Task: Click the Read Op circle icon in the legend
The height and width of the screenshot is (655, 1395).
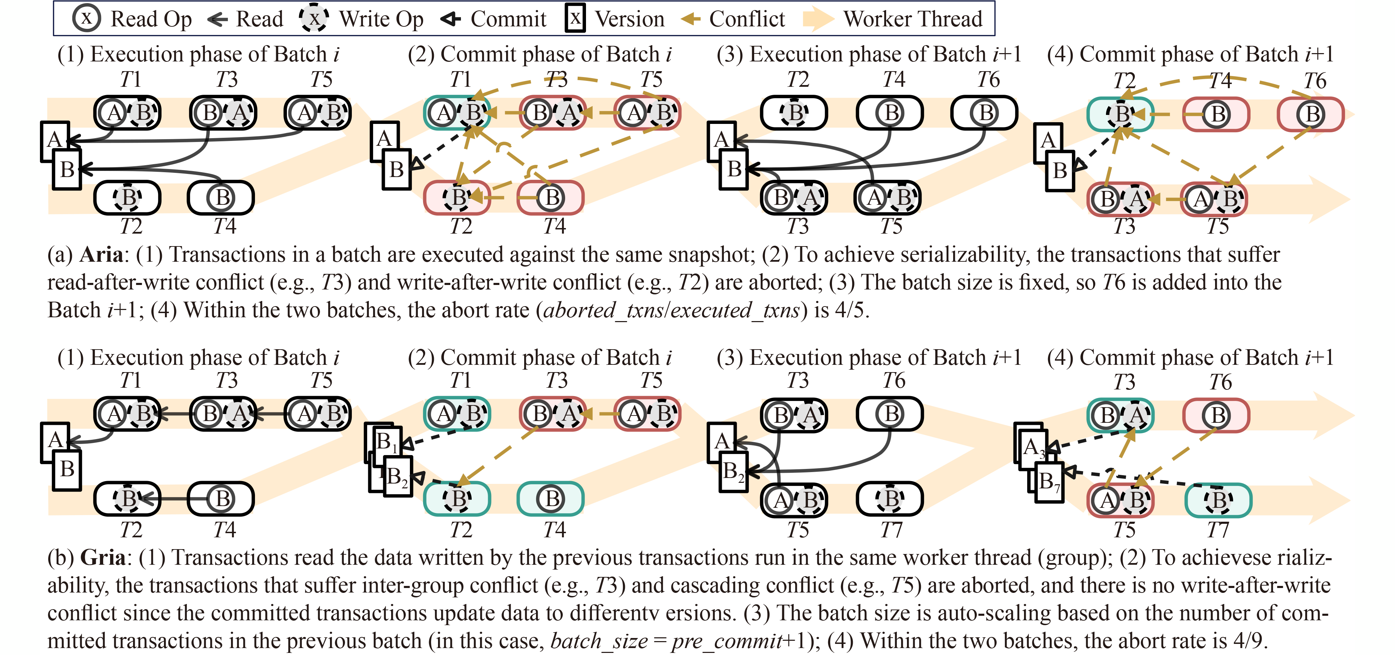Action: tap(86, 18)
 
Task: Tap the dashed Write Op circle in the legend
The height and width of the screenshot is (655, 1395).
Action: tap(314, 18)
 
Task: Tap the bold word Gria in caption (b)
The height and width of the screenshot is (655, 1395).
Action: tap(102, 557)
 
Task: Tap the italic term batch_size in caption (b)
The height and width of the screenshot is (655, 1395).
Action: tap(599, 641)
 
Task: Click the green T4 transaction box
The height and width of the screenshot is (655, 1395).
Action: tap(551, 498)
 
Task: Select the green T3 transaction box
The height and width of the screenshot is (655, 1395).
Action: tap(1121, 416)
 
